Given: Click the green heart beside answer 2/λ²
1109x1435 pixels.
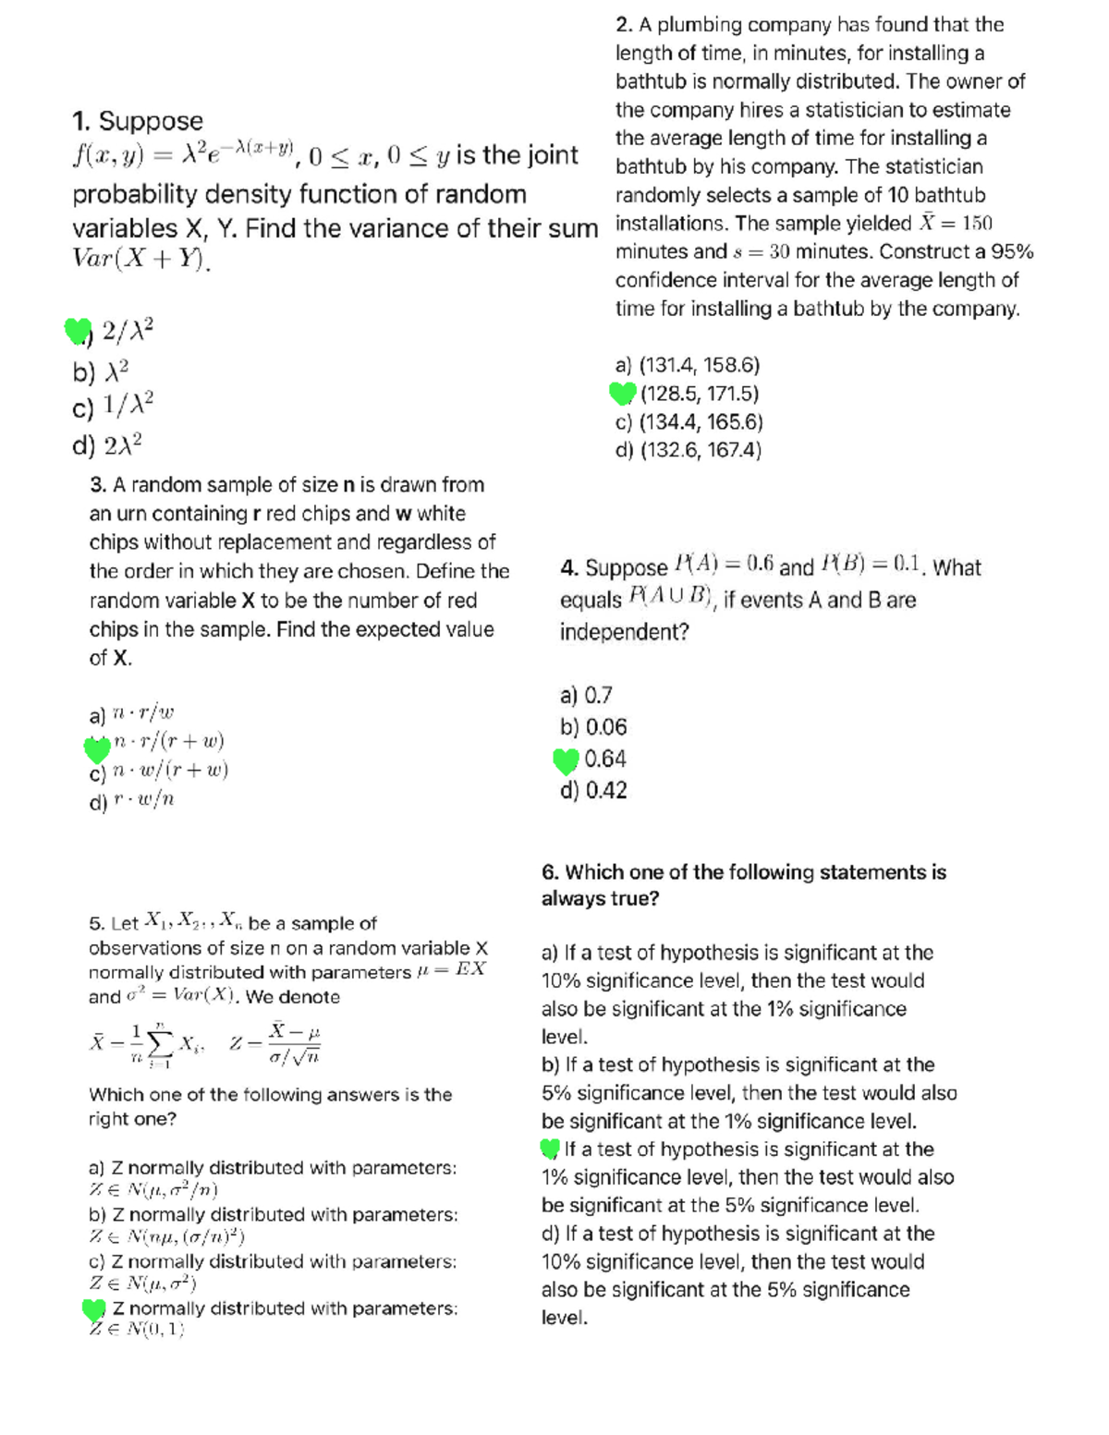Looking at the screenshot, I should coord(79,330).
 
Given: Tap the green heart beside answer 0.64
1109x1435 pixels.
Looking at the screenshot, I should coord(566,760).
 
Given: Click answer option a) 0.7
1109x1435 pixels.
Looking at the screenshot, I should coord(586,695).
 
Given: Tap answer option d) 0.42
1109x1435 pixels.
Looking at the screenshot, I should coord(593,791).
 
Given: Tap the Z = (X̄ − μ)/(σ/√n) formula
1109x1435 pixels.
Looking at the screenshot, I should coord(276,1043).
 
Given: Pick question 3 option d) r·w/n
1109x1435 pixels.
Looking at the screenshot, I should coord(132,800).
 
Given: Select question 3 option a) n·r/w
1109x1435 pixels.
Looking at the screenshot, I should coord(132,714).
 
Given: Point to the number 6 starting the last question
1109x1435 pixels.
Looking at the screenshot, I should coord(549,872).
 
